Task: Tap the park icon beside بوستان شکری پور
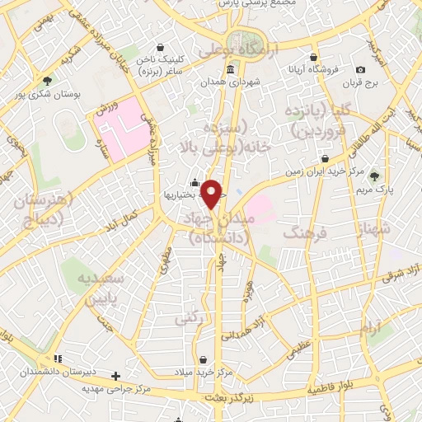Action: pyautogui.click(x=47, y=81)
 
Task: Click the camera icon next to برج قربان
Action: pyautogui.click(x=361, y=70)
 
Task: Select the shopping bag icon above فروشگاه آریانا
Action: pyautogui.click(x=312, y=58)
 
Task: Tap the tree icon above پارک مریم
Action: pyautogui.click(x=374, y=175)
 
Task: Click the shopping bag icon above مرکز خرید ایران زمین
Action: pyautogui.click(x=326, y=158)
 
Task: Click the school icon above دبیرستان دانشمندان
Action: pyautogui.click(x=57, y=359)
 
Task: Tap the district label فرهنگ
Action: pyautogui.click(x=305, y=235)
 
